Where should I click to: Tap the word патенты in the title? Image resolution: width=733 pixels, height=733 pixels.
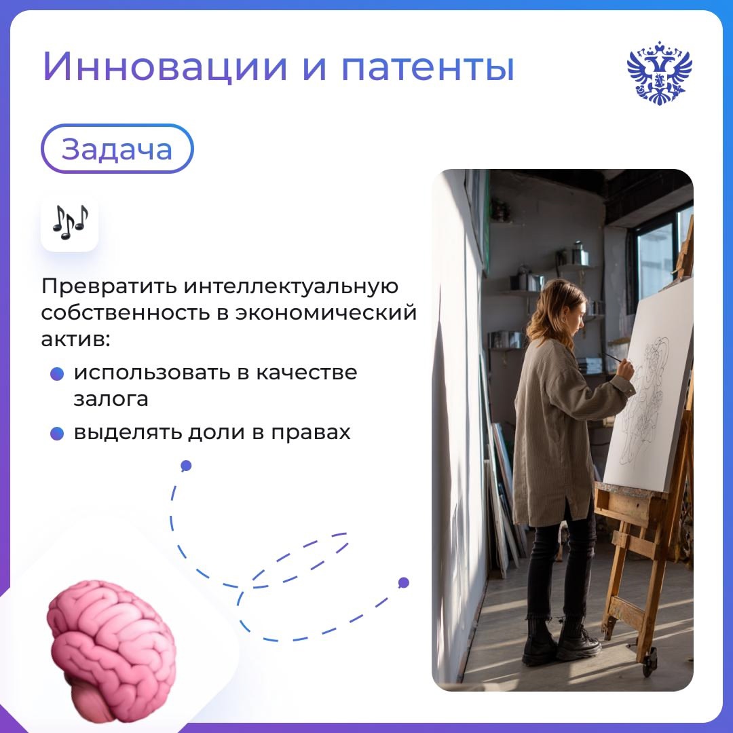tap(428, 68)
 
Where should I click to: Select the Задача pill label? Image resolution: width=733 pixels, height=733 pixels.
tap(117, 149)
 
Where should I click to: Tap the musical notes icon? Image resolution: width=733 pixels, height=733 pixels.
tap(70, 223)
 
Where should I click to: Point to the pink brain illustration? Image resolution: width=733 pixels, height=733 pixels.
tap(111, 648)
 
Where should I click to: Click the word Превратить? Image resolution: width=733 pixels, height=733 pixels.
tap(108, 286)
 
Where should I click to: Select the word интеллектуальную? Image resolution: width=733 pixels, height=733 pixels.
tap(290, 286)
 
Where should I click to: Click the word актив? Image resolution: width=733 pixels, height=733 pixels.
tap(75, 339)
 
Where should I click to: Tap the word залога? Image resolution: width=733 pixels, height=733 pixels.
tap(111, 399)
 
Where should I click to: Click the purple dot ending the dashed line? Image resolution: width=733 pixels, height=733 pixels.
tap(404, 582)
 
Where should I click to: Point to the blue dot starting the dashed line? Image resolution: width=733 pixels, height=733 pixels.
tap(186, 466)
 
